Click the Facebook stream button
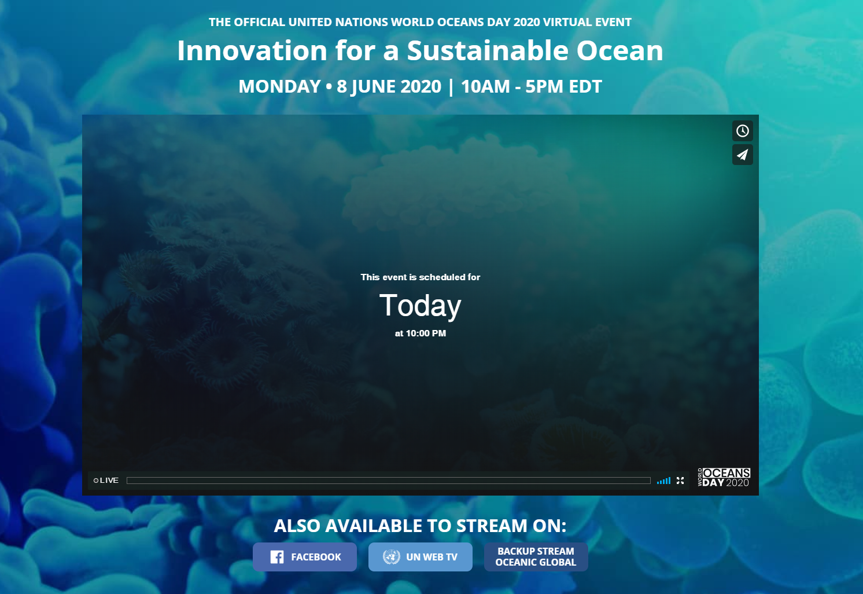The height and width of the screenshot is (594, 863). [x=305, y=556]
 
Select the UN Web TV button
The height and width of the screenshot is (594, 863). [x=421, y=556]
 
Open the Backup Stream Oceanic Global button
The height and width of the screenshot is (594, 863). [x=536, y=556]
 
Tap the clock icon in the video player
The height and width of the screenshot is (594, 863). [x=743, y=131]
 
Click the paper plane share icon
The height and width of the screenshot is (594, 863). [x=743, y=155]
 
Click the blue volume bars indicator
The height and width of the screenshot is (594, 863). [x=664, y=481]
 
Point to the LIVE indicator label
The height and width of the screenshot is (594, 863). [x=106, y=480]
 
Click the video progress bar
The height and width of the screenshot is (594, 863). [x=388, y=480]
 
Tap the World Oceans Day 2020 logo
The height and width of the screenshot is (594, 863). [x=724, y=478]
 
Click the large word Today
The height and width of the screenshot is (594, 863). [x=421, y=306]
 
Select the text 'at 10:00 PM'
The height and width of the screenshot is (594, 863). [x=421, y=333]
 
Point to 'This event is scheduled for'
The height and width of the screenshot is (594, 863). [x=421, y=277]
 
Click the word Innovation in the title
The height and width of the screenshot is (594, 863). [x=252, y=50]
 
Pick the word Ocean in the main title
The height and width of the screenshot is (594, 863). [x=619, y=50]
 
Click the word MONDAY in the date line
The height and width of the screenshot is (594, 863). [x=280, y=86]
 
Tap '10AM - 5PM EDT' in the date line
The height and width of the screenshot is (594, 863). [x=532, y=86]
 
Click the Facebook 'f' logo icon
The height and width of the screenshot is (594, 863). [x=277, y=557]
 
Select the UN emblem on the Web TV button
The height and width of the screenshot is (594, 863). [x=392, y=557]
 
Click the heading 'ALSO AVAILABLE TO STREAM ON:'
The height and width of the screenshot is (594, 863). [x=421, y=526]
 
